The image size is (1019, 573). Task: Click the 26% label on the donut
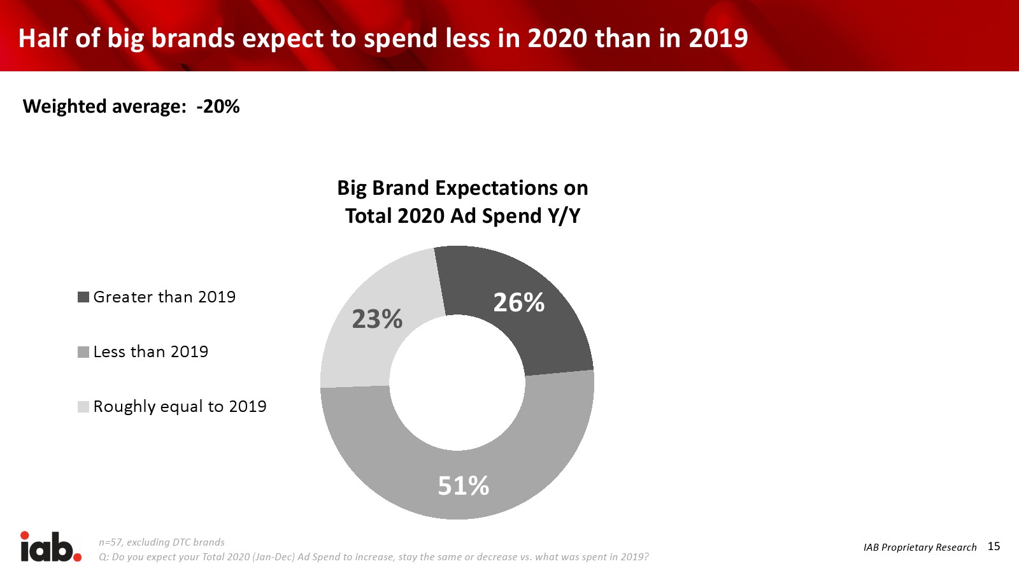519,302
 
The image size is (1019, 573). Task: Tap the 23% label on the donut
377,319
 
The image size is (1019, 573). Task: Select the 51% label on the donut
464,486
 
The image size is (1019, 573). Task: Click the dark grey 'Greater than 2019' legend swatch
83,297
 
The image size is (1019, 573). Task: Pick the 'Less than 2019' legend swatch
83,352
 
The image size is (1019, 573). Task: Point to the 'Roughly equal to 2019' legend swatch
83,407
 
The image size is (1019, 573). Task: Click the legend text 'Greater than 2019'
164,297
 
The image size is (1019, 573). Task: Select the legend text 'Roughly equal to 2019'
180,407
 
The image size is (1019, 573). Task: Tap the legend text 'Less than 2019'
151,352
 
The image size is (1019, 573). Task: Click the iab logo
50,547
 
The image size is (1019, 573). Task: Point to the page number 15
994,546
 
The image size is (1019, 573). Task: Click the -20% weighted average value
218,106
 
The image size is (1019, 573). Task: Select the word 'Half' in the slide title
43,38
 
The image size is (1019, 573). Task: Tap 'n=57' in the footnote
110,542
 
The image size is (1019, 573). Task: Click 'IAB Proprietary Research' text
920,548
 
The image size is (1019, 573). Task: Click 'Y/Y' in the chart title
564,216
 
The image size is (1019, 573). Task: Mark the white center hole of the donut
457,383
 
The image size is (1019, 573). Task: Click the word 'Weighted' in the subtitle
65,107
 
